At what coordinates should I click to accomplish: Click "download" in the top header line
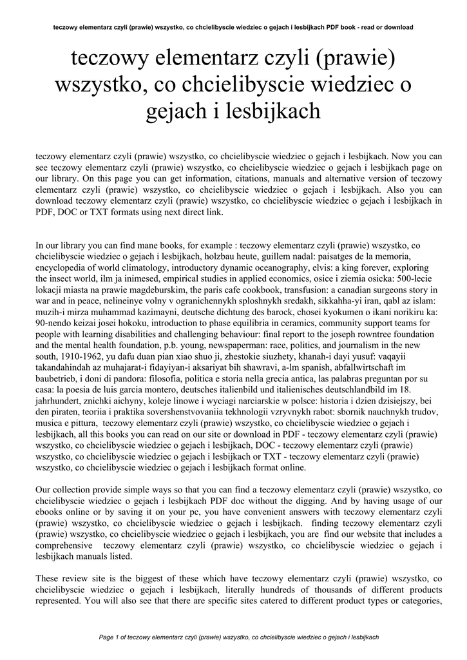[x=395, y=27]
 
